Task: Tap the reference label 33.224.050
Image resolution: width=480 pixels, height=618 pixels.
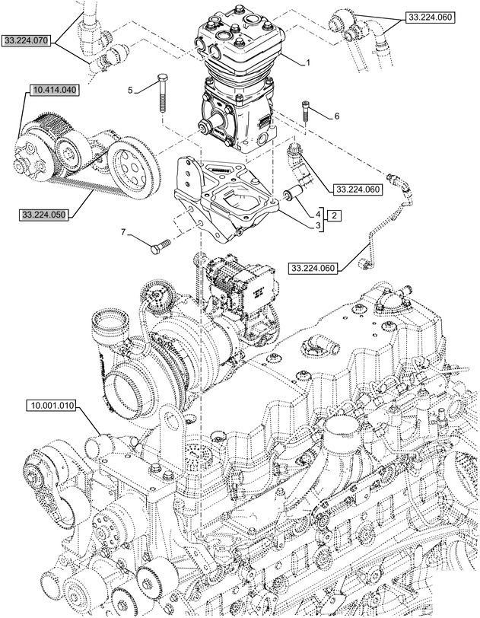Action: point(45,215)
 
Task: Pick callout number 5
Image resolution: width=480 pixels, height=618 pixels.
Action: point(130,90)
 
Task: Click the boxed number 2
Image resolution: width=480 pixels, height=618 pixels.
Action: point(335,216)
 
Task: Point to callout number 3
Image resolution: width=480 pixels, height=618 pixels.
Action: point(318,225)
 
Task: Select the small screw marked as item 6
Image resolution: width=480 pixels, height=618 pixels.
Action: point(307,111)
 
